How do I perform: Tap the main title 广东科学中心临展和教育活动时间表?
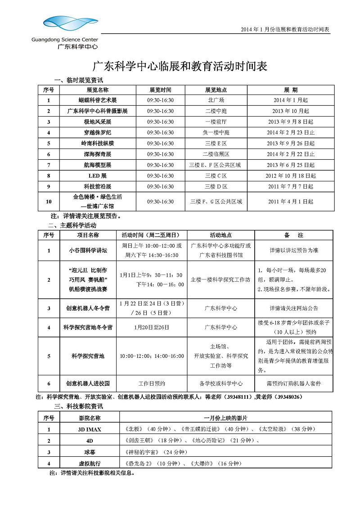click(180, 67)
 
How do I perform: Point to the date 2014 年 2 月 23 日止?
click(290, 133)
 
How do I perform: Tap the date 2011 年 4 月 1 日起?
click(290, 202)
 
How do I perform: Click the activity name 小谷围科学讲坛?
click(88, 251)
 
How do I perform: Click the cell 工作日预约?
click(152, 384)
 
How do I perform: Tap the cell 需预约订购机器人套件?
click(294, 384)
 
